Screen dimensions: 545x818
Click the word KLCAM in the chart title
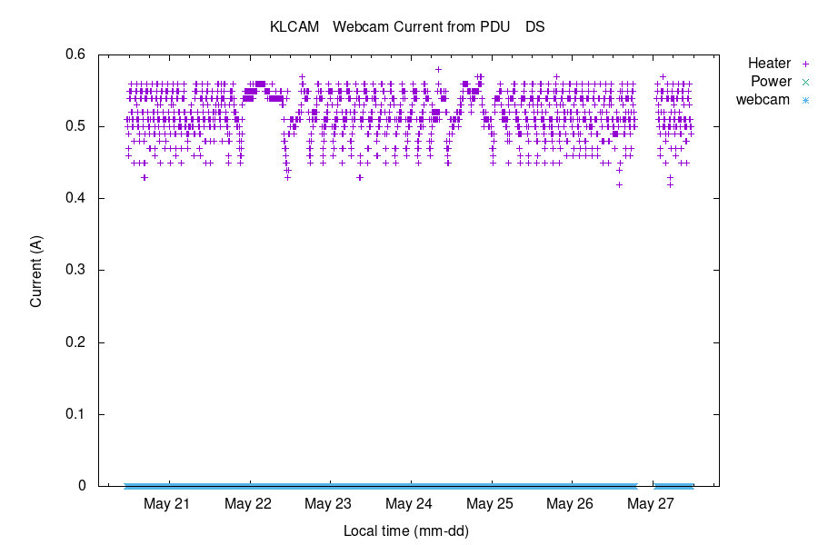tap(294, 27)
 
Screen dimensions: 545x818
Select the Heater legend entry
tap(769, 64)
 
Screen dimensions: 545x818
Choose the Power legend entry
tap(771, 82)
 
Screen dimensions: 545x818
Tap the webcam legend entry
tap(763, 100)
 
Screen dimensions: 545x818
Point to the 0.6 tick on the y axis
tap(75, 54)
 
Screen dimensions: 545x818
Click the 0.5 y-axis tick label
tap(75, 126)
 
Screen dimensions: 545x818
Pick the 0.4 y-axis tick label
tap(75, 198)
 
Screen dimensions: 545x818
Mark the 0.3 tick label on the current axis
tap(75, 270)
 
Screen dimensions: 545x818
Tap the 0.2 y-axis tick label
tap(75, 342)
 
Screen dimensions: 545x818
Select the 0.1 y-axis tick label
tap(75, 414)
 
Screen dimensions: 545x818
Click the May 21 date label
tap(167, 503)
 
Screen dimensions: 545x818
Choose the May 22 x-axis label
tap(248, 503)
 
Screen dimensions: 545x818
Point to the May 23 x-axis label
tap(328, 503)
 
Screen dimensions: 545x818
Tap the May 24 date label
tap(409, 503)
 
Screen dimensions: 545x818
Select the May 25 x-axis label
tap(490, 503)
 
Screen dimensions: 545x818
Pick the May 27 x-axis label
tap(651, 503)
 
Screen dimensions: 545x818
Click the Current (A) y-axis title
tap(36, 270)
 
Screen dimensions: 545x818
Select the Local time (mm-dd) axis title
tap(405, 530)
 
